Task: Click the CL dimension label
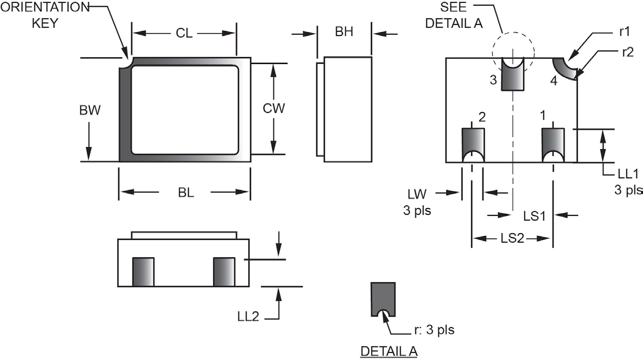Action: pos(183,33)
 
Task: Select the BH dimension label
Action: pos(344,32)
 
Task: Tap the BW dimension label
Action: pos(90,110)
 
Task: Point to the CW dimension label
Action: pos(274,108)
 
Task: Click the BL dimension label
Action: pos(185,193)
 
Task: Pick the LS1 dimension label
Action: pos(535,215)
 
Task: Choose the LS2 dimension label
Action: pos(512,239)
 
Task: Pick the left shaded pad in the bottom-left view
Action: pos(143,272)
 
